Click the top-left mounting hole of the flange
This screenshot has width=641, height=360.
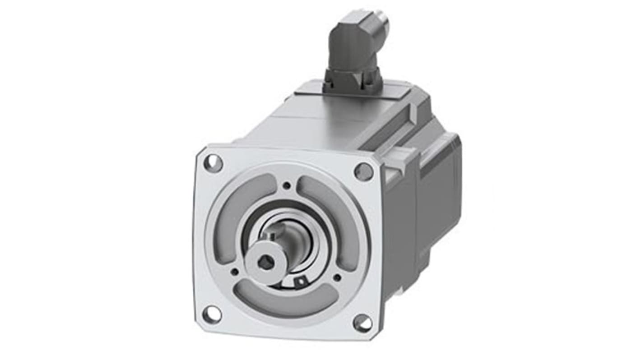tap(213, 163)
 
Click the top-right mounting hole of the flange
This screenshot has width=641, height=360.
tap(363, 171)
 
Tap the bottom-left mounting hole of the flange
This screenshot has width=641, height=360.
tap(212, 314)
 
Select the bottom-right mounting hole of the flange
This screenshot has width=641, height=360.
tap(362, 323)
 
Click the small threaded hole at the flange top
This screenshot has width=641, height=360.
tap(286, 185)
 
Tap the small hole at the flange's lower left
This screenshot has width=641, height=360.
tap(234, 272)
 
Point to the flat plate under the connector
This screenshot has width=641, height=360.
tap(352, 92)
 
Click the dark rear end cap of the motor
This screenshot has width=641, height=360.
tap(440, 180)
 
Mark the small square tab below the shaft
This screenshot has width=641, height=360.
tap(298, 282)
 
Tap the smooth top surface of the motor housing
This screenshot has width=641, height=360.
tap(316, 122)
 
